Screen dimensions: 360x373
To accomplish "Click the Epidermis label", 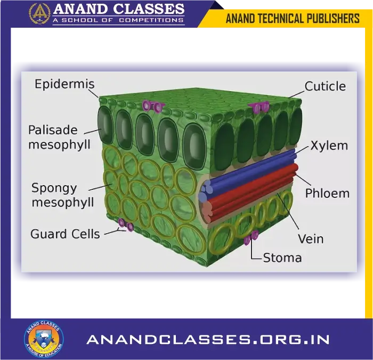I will click(x=64, y=84).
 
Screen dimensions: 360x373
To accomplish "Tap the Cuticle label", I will click(x=325, y=86).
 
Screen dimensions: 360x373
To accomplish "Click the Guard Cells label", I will click(x=65, y=234).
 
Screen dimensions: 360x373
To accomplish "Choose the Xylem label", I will click(x=329, y=146).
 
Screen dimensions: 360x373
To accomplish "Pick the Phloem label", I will click(x=327, y=193).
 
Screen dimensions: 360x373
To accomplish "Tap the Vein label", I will click(x=310, y=238).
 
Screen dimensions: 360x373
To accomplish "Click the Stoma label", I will click(x=282, y=258).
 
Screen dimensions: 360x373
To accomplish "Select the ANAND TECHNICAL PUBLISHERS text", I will click(x=293, y=19).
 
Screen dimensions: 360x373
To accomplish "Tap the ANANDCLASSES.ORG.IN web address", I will click(x=208, y=340).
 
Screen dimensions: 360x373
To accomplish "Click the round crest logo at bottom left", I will click(x=44, y=339).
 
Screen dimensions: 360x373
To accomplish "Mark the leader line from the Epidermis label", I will click(x=93, y=94).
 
